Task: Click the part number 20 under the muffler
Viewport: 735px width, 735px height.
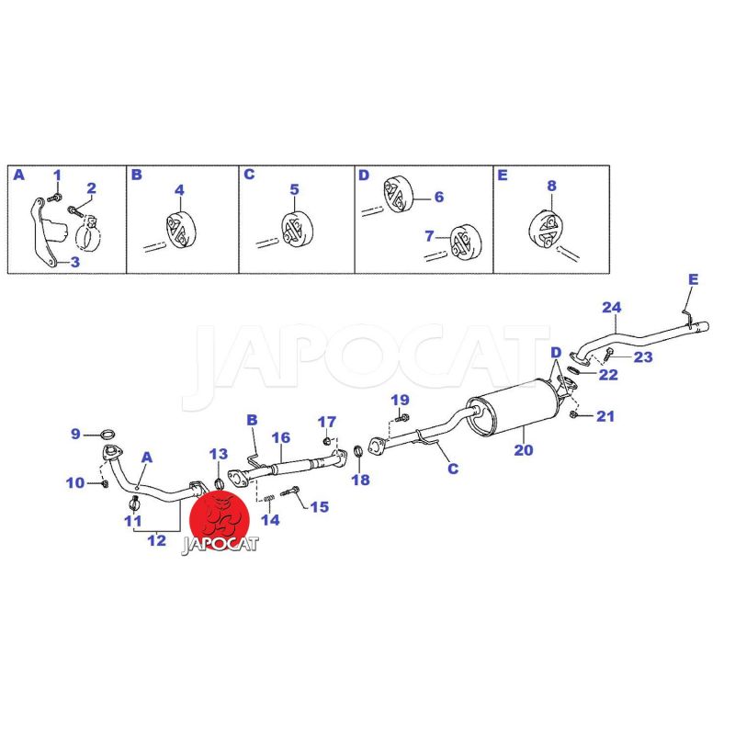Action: pyautogui.click(x=523, y=450)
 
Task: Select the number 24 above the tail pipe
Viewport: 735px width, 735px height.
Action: pyautogui.click(x=611, y=308)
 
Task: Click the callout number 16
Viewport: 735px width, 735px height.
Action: pyautogui.click(x=281, y=438)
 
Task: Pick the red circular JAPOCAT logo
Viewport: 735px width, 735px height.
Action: pyautogui.click(x=219, y=519)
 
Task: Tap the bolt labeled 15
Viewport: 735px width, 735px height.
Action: pyautogui.click(x=289, y=492)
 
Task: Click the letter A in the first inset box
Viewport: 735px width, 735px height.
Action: pyautogui.click(x=18, y=175)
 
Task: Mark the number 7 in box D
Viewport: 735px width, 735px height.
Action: pyautogui.click(x=429, y=236)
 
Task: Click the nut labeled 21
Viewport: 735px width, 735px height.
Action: pyautogui.click(x=573, y=415)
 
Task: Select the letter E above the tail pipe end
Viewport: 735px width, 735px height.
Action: pyautogui.click(x=693, y=279)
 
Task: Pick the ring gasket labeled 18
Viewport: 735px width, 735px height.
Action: pyautogui.click(x=358, y=452)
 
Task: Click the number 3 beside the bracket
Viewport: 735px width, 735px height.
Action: pyautogui.click(x=75, y=262)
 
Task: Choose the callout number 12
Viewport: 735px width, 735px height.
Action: pyautogui.click(x=156, y=540)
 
